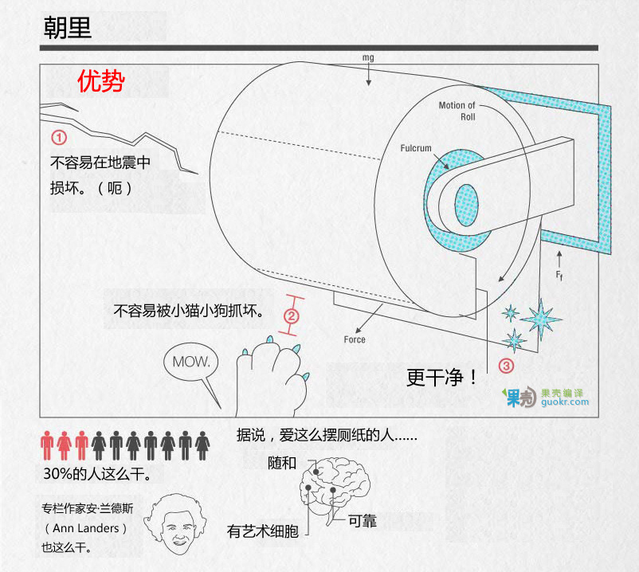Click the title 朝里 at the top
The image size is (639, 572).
coord(67,28)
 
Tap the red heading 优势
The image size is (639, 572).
coord(101,80)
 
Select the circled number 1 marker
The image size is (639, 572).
coord(59,137)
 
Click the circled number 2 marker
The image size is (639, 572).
coord(292,316)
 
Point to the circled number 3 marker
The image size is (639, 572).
coord(506,366)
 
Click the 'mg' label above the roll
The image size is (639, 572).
coord(368,57)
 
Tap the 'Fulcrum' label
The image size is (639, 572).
coord(416,148)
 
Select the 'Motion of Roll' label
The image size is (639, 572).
coord(457,111)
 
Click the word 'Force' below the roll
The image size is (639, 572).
coord(355,339)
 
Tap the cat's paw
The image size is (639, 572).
coord(272,377)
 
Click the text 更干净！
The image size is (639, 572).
coord(441,378)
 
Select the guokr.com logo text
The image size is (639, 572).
coord(565,402)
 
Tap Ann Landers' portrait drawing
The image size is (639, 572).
coord(175,524)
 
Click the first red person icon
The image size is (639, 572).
coord(47,445)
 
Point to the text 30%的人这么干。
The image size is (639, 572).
coord(97,474)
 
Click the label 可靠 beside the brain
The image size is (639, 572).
coord(363,521)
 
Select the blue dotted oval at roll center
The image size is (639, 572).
coord(466,205)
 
